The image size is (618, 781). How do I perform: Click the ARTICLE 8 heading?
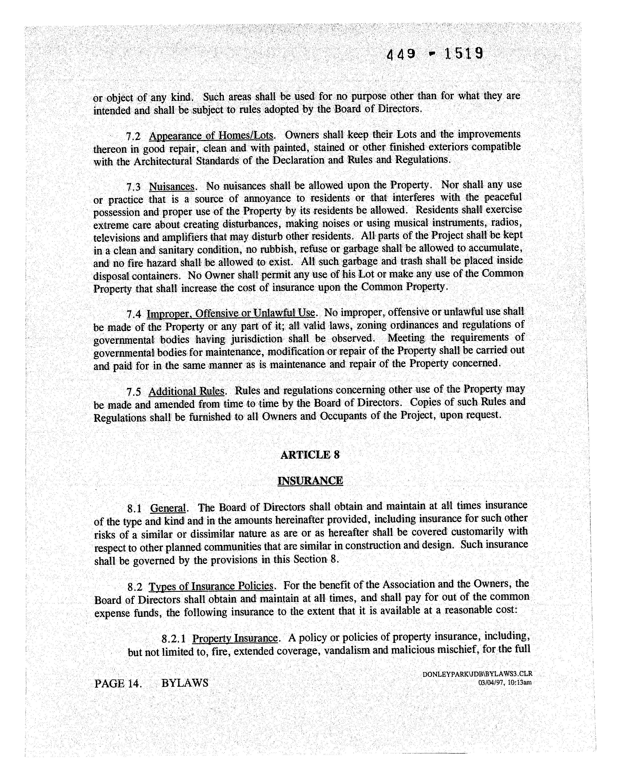(x=310, y=455)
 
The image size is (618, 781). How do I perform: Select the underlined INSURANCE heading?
(x=310, y=481)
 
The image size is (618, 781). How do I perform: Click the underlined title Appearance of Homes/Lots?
(x=212, y=136)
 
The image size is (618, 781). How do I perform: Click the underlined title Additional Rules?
(x=187, y=392)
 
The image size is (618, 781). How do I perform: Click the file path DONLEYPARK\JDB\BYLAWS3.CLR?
(x=477, y=674)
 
